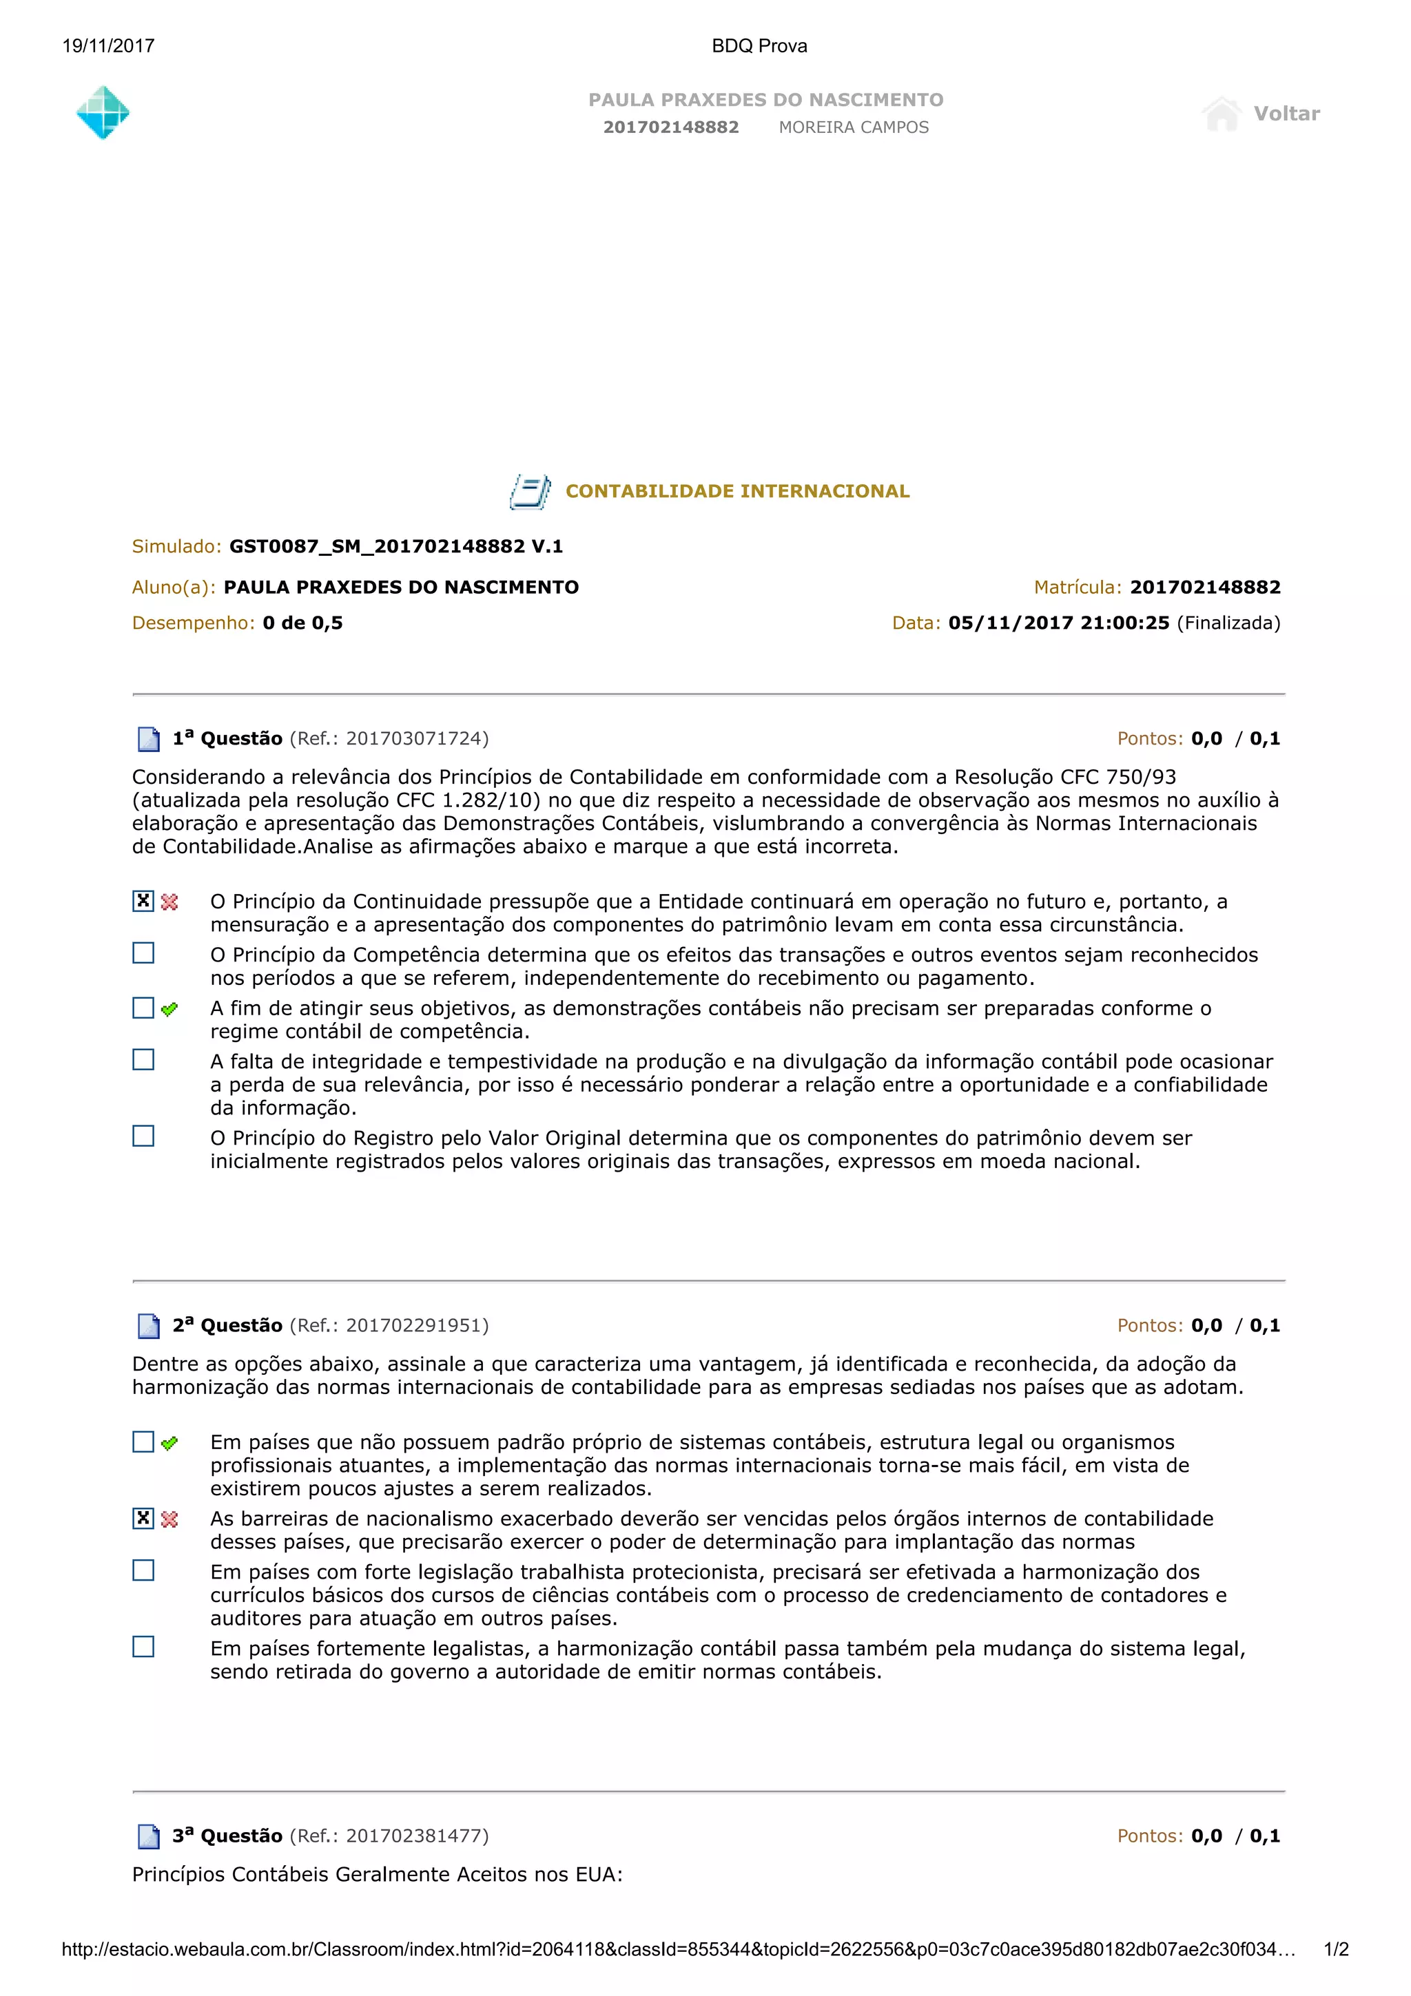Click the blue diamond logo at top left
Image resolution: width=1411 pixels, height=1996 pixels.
point(103,113)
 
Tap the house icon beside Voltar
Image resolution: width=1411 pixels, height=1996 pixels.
point(1222,114)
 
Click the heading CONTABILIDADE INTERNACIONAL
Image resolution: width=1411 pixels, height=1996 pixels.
point(737,491)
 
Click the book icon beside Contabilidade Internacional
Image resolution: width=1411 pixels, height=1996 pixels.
point(529,491)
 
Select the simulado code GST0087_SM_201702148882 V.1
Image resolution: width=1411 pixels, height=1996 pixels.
point(395,546)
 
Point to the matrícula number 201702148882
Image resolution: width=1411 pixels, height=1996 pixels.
point(1205,587)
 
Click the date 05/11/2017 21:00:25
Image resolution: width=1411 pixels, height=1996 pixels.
point(1058,623)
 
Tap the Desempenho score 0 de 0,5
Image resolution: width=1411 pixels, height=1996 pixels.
point(302,623)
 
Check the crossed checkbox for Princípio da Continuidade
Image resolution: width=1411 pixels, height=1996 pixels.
point(143,901)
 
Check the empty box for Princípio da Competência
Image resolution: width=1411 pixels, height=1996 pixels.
point(143,954)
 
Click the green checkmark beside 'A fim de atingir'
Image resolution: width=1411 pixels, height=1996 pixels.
point(169,1008)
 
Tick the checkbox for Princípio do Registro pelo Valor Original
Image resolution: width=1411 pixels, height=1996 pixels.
point(143,1136)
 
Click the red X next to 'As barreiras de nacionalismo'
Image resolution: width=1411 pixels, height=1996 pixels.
point(169,1519)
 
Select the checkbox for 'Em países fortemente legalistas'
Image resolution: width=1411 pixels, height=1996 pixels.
point(143,1647)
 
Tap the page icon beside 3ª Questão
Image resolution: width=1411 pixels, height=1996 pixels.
point(149,1836)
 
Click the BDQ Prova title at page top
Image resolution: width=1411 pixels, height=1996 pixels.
point(759,46)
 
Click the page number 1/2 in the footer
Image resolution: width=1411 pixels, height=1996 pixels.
point(1335,1949)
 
